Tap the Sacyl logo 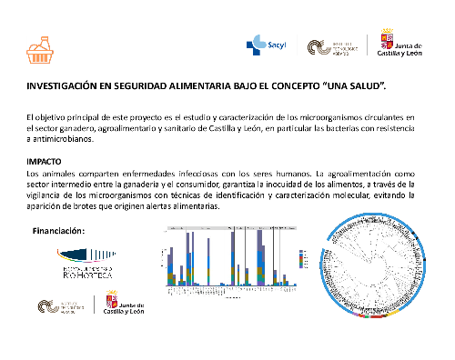click(267, 45)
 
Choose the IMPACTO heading click(45, 161)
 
